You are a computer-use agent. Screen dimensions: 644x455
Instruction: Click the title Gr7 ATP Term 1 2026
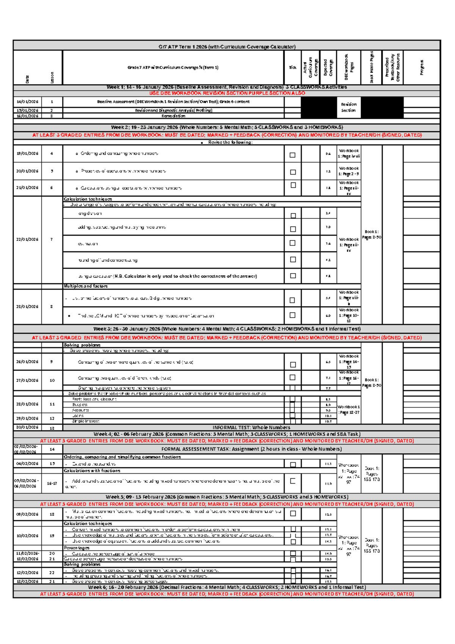(227, 47)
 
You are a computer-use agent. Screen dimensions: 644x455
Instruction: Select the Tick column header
(292, 68)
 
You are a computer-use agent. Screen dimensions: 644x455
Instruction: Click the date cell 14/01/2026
(27, 102)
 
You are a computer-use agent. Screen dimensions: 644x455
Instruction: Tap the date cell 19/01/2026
(27, 154)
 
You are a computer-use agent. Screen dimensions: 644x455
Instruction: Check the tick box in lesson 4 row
(292, 155)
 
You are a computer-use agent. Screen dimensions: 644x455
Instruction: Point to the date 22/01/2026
(27, 239)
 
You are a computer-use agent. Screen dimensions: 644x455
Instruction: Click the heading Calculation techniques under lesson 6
(88, 199)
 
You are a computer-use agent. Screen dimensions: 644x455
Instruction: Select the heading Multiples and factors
(86, 286)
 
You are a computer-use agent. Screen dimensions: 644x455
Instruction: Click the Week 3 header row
(227, 329)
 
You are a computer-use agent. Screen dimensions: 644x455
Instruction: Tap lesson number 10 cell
(52, 380)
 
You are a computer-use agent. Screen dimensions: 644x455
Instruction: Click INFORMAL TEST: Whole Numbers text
(251, 427)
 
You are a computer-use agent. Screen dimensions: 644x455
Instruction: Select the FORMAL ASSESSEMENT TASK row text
(251, 449)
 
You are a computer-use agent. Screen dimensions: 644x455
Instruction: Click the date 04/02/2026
(27, 463)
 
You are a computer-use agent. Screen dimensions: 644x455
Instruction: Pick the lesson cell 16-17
(52, 483)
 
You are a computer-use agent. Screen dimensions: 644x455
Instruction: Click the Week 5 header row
(227, 497)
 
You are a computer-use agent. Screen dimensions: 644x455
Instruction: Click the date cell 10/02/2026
(27, 536)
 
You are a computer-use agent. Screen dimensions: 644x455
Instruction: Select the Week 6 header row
(227, 587)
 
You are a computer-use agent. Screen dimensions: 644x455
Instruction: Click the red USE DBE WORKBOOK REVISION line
(227, 93)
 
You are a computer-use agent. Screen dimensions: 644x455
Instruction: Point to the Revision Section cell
(348, 107)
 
